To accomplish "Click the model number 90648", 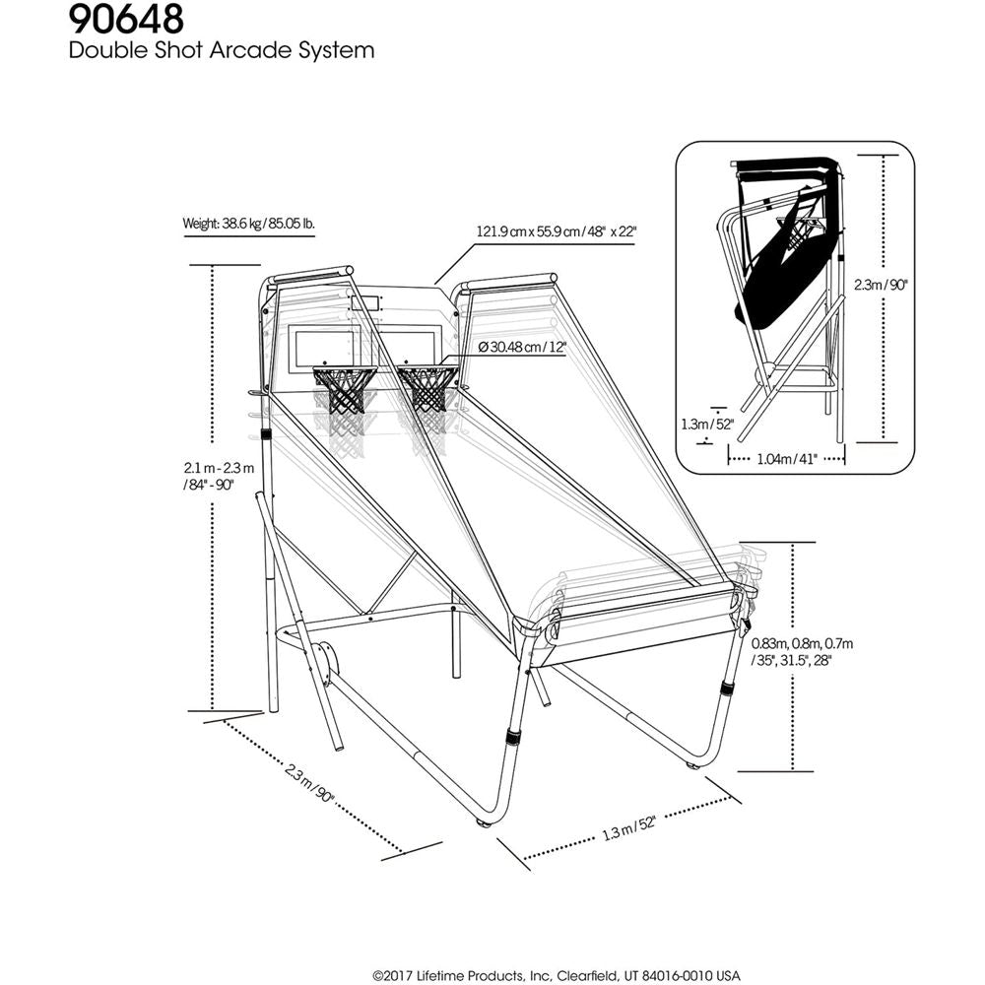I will [x=125, y=20].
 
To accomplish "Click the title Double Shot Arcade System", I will [x=222, y=50].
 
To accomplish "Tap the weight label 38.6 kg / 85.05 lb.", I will [x=248, y=224].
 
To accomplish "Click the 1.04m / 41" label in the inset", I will [x=787, y=458].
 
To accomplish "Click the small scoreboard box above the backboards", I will [x=364, y=303].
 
